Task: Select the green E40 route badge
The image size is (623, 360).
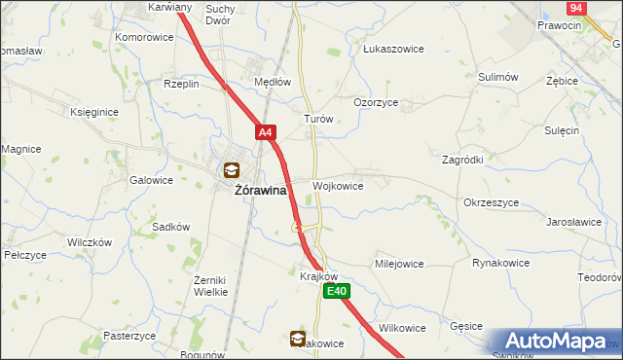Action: [336, 291]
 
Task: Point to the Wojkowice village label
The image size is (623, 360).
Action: [338, 186]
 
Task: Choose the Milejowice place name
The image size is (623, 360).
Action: [399, 264]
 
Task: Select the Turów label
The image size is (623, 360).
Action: [319, 119]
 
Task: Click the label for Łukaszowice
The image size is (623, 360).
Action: [389, 48]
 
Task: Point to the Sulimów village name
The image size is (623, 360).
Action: [495, 76]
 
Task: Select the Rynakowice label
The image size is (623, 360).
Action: [500, 263]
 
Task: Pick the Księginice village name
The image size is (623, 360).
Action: [94, 112]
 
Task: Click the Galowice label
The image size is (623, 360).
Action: [151, 180]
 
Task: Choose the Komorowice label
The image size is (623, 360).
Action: [144, 37]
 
